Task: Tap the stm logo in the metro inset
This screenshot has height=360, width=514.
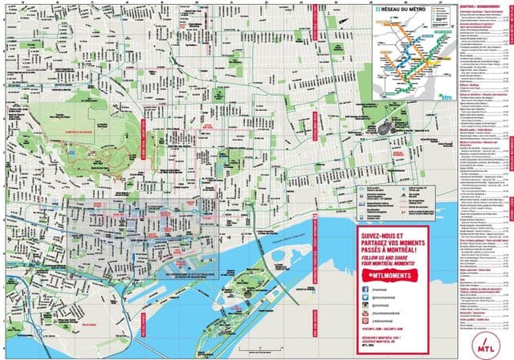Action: [446, 96]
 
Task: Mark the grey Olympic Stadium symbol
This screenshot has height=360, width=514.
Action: [386, 126]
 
